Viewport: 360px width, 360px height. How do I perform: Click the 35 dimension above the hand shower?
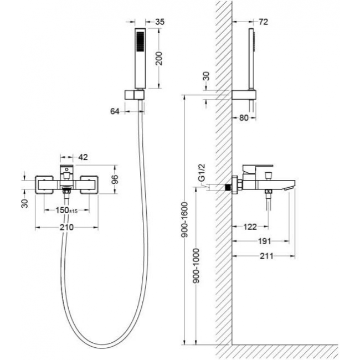tap(160, 22)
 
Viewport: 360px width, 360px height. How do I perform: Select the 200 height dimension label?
tap(159, 59)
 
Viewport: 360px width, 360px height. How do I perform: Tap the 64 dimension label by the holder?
tap(115, 111)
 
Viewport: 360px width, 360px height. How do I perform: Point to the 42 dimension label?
tap(83, 157)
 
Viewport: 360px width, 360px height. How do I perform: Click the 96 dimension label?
tap(115, 179)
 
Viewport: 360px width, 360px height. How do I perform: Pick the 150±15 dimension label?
tap(66, 210)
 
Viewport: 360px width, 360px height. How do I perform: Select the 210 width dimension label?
tap(66, 227)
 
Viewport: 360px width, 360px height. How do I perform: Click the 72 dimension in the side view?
tap(263, 22)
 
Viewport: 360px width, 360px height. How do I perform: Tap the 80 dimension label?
tap(244, 118)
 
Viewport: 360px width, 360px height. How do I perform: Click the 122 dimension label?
tap(250, 227)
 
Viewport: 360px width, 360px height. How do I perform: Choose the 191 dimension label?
tap(265, 241)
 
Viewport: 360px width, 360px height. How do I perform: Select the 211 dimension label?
tap(266, 256)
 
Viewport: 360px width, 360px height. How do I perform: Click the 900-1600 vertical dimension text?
tap(184, 219)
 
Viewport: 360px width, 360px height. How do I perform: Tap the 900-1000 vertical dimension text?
tap(196, 265)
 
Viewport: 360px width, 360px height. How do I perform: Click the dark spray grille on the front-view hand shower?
tap(140, 42)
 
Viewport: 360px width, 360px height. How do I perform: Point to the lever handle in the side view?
tap(256, 169)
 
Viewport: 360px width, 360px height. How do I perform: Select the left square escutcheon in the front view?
tap(44, 185)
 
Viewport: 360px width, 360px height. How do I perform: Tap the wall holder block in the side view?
tap(244, 95)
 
